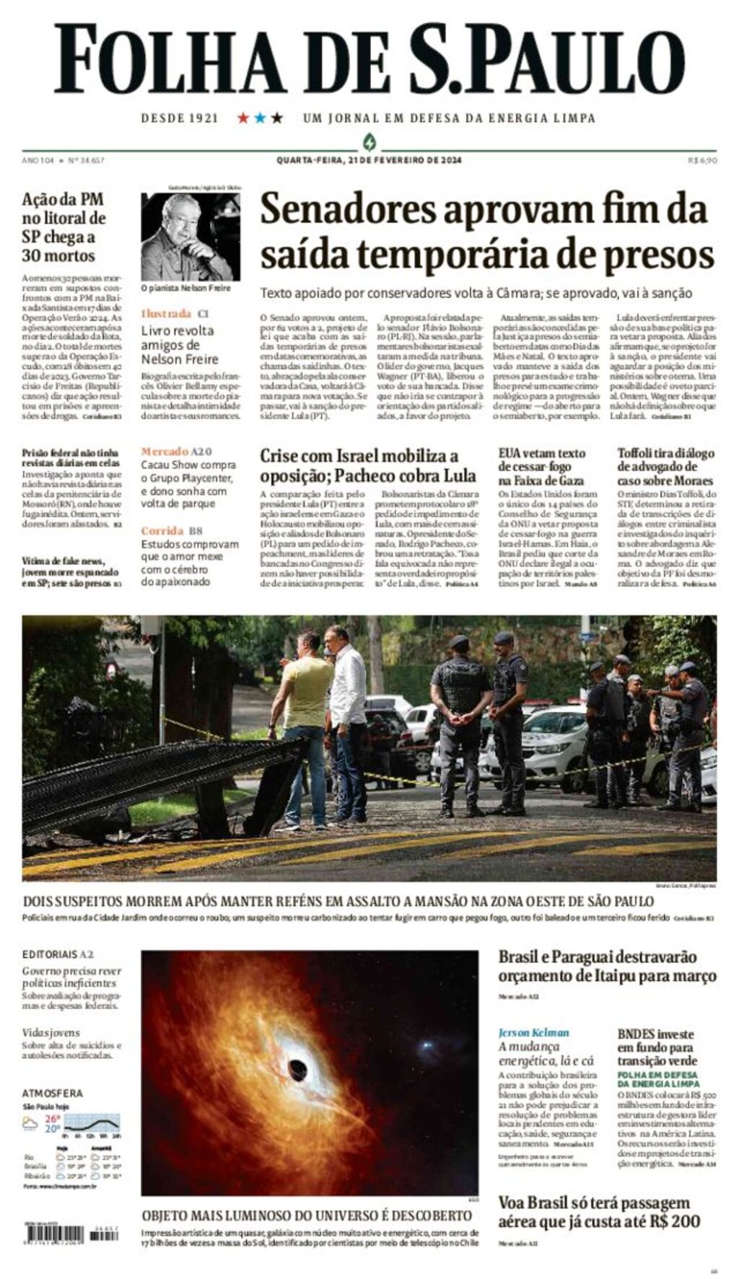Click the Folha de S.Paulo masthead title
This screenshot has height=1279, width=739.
(369, 59)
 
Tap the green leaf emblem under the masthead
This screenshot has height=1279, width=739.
(369, 141)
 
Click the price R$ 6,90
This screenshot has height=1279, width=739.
(701, 160)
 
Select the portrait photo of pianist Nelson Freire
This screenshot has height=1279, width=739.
(191, 237)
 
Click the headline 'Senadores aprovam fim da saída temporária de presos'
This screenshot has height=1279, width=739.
(486, 232)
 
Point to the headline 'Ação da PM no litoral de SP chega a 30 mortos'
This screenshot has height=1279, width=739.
(64, 227)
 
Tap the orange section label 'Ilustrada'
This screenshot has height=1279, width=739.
(166, 313)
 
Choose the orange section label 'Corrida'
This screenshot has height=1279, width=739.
(162, 531)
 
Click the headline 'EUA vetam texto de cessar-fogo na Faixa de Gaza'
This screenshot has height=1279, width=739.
(542, 467)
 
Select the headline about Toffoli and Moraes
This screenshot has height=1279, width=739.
(665, 467)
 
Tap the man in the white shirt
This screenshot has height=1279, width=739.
(348, 721)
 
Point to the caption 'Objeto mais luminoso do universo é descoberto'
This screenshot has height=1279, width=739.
(307, 1215)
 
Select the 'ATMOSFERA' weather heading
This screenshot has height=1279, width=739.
(52, 1093)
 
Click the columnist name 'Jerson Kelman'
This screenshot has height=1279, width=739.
(533, 1032)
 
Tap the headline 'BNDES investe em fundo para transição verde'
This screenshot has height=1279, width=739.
(657, 1047)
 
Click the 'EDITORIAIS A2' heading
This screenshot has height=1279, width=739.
(58, 954)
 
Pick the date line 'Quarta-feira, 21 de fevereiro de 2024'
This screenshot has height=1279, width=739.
(369, 160)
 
